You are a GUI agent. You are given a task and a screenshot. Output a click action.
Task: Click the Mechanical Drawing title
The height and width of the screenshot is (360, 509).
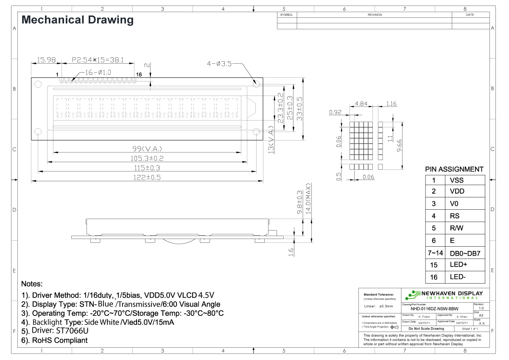pyautogui.click(x=77, y=20)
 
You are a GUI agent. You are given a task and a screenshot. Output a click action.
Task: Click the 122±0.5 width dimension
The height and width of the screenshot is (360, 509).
pyautogui.click(x=147, y=177)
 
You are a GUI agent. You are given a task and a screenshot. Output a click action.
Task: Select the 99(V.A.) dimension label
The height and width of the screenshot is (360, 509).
pyautogui.click(x=147, y=149)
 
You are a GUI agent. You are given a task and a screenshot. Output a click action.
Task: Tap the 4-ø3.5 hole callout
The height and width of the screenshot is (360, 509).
pyautogui.click(x=219, y=64)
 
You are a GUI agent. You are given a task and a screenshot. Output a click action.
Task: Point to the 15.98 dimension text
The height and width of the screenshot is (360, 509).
pyautogui.click(x=46, y=61)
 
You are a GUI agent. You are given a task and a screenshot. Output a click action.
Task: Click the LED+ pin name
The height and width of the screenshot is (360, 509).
pyautogui.click(x=458, y=265)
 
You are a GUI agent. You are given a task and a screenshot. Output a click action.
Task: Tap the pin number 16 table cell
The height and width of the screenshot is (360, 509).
pyautogui.click(x=434, y=278)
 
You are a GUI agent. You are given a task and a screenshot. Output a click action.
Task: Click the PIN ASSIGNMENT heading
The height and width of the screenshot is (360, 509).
pyautogui.click(x=454, y=169)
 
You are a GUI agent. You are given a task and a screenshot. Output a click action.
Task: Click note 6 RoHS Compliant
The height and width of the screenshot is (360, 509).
pyautogui.click(x=54, y=340)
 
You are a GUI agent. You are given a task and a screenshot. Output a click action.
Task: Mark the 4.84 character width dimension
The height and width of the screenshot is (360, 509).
pyautogui.click(x=361, y=104)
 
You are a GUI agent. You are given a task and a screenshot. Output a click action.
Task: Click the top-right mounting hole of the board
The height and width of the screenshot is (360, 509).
pyautogui.click(x=256, y=84)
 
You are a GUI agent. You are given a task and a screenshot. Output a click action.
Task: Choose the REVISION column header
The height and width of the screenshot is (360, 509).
pyautogui.click(x=375, y=15)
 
